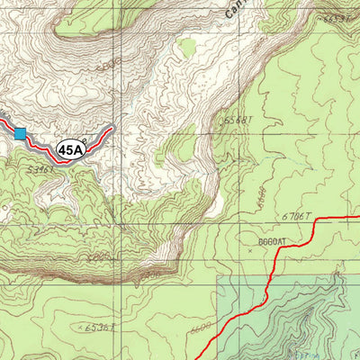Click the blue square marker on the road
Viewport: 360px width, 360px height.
point(20,134)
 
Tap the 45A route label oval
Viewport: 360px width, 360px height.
point(69,149)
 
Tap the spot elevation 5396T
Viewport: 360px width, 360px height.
point(40,168)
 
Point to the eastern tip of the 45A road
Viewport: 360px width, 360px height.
point(113,128)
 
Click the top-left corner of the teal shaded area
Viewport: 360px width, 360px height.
point(219,275)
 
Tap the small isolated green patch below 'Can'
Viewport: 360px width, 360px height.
point(187,47)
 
